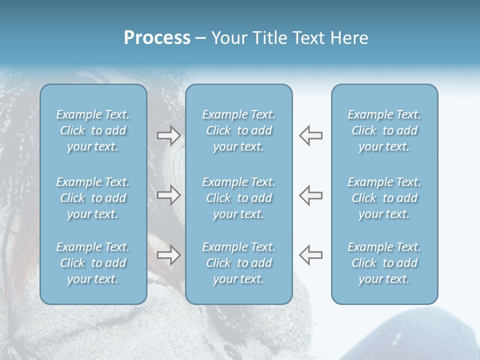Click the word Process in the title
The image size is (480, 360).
pyautogui.click(x=157, y=38)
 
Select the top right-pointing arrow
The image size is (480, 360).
pyautogui.click(x=168, y=135)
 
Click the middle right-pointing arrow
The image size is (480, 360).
pyautogui.click(x=168, y=195)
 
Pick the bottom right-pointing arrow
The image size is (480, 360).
pyautogui.click(x=168, y=255)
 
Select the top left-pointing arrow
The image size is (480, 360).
pyautogui.click(x=311, y=135)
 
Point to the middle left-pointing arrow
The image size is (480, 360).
pyautogui.click(x=311, y=195)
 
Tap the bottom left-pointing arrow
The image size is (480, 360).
pyautogui.click(x=311, y=255)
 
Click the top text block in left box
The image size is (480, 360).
pyautogui.click(x=93, y=130)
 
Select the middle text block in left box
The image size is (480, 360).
pyautogui.click(x=93, y=198)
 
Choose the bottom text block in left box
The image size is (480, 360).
pyautogui.click(x=93, y=263)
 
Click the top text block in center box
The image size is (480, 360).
pyautogui.click(x=238, y=130)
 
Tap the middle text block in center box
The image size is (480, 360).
pyautogui.click(x=238, y=198)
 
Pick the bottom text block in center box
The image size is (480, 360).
pyautogui.click(x=238, y=263)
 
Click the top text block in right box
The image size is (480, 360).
pyautogui.click(x=384, y=130)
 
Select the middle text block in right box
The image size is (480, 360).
pyautogui.click(x=384, y=198)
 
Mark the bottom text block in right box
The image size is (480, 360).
pyautogui.click(x=384, y=263)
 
